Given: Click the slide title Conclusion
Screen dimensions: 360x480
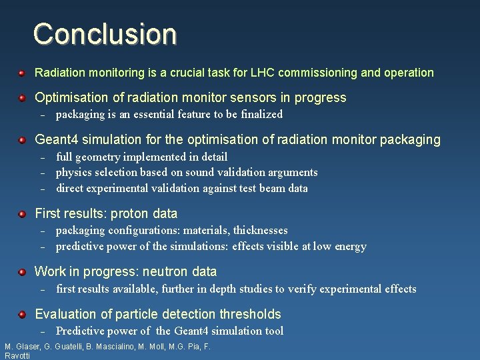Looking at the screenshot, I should (x=105, y=33).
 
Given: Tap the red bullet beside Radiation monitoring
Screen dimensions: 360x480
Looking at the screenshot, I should (x=22, y=72).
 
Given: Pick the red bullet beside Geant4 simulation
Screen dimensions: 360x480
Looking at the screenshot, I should (x=22, y=140).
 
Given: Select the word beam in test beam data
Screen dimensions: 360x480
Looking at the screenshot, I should (x=268, y=189).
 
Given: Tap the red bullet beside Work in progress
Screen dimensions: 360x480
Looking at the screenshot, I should (x=22, y=271).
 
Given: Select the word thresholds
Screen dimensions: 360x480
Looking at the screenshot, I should (x=250, y=314).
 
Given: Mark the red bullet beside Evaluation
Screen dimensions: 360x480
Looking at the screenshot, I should (x=22, y=314).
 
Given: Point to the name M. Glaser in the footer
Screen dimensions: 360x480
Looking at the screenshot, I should (x=21, y=347).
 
